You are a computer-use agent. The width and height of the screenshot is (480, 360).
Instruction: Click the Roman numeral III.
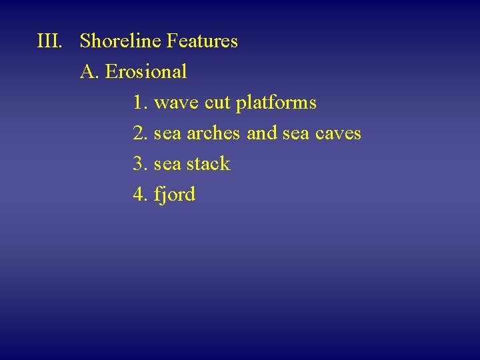coord(50,41)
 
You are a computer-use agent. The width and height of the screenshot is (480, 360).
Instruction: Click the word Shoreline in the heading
coord(121,41)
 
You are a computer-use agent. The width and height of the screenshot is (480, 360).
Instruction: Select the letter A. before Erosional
coord(90,71)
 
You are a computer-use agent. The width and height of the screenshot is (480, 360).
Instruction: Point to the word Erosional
coord(146,71)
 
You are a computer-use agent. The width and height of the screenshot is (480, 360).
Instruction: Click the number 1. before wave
coord(140,103)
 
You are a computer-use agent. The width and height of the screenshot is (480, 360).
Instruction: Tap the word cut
coord(217,103)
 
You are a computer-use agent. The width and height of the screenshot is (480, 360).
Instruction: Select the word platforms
coord(276,103)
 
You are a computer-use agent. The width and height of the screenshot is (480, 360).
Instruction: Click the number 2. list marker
coord(140,133)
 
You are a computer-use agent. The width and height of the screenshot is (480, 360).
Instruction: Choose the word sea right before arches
coord(167,134)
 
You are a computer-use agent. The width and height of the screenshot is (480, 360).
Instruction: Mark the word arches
coord(213,133)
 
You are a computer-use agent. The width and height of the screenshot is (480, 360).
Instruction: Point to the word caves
coord(339,134)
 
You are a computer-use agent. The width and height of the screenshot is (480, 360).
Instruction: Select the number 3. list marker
coord(140,163)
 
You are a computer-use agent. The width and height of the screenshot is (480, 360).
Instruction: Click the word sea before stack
coord(167,164)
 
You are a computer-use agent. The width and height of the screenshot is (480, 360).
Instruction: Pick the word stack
coord(208,163)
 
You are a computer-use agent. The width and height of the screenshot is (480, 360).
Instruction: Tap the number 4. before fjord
coord(140,194)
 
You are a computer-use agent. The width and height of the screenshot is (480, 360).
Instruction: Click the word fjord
coord(175,195)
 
